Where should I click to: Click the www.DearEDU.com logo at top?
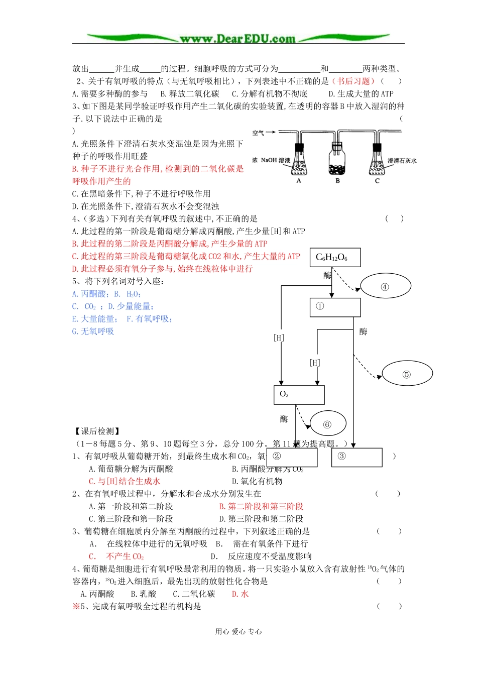tap(237, 38)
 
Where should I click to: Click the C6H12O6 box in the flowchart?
tap(331, 258)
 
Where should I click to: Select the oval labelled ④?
tap(386, 287)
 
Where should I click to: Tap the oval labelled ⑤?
tap(407, 374)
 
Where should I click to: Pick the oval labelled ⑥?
tap(327, 424)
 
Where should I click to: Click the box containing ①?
tap(335, 307)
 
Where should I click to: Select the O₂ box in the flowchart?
tap(299, 395)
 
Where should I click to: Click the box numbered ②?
tap(292, 457)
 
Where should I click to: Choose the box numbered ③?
tap(356, 457)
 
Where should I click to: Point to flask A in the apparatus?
tap(299, 162)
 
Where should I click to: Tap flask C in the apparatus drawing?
tap(377, 162)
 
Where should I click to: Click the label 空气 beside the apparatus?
tap(258, 133)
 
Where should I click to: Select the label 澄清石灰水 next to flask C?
tap(402, 161)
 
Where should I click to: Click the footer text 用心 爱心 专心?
tap(238, 631)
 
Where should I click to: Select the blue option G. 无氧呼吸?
tap(93, 331)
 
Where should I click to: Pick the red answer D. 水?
tap(240, 594)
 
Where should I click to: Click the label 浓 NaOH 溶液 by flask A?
tap(271, 160)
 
